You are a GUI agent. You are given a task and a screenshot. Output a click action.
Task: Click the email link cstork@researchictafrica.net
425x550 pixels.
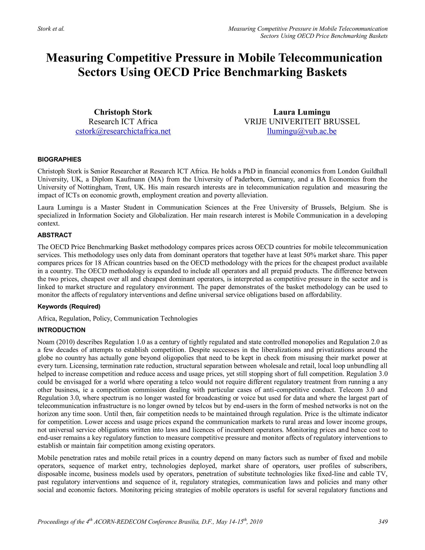pyautogui.click(x=123, y=131)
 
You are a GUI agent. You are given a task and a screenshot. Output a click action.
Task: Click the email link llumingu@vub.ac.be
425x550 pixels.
pyautogui.click(x=302, y=131)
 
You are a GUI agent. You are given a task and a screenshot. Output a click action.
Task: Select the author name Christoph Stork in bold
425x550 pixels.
pyautogui.click(x=123, y=112)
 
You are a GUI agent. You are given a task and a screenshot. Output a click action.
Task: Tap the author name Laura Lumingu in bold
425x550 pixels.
pyautogui.click(x=302, y=112)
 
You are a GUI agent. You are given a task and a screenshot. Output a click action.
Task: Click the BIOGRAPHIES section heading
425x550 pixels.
pyautogui.click(x=59, y=159)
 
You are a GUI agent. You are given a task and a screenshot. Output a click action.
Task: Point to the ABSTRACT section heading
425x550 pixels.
pyautogui.click(x=55, y=235)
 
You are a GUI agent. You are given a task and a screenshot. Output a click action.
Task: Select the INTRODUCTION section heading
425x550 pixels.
pyautogui.click(x=61, y=330)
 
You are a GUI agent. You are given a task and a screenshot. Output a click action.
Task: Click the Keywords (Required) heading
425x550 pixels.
pyautogui.click(x=69, y=307)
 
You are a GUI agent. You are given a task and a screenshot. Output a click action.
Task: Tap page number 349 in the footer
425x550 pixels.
pyautogui.click(x=383, y=522)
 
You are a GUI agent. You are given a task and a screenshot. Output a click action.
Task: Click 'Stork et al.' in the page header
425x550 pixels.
pyautogui.click(x=51, y=29)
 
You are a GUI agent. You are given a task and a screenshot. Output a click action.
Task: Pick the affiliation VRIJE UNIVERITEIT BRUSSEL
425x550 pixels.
pyautogui.click(x=302, y=122)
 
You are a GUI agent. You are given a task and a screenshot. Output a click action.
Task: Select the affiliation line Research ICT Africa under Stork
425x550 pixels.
pyautogui.click(x=123, y=122)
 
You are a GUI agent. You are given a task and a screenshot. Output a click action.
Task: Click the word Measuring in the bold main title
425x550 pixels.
pyautogui.click(x=74, y=58)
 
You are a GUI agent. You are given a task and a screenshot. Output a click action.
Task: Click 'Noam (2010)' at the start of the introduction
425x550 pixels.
pyautogui.click(x=56, y=342)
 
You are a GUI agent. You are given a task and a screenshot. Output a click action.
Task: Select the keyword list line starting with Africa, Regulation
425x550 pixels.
pyautogui.click(x=117, y=319)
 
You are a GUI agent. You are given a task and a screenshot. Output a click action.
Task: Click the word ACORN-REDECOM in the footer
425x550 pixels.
pyautogui.click(x=120, y=522)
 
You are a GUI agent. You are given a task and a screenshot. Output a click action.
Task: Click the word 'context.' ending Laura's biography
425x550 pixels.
pyautogui.click(x=48, y=223)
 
